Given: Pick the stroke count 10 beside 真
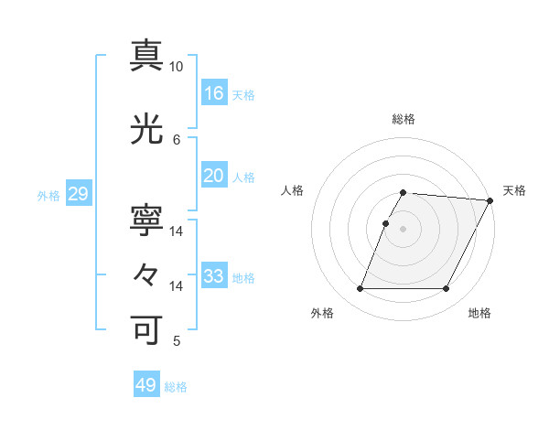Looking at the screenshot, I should pyautogui.click(x=177, y=67).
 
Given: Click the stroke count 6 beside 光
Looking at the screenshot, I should pyautogui.click(x=177, y=139).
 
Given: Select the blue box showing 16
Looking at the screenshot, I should pyautogui.click(x=214, y=93).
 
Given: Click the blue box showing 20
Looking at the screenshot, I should pyautogui.click(x=214, y=176).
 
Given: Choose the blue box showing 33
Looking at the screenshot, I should pyautogui.click(x=214, y=276).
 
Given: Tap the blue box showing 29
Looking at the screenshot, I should pyautogui.click(x=78, y=194).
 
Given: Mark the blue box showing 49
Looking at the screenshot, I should pyautogui.click(x=146, y=385).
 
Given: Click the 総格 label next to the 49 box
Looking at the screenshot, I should pyautogui.click(x=177, y=387).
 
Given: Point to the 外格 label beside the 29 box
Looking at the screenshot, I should pyautogui.click(x=48, y=196).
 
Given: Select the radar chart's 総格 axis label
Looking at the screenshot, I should pyautogui.click(x=404, y=119).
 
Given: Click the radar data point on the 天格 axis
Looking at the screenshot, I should pyautogui.click(x=490, y=200).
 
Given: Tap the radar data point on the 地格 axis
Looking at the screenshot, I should pyautogui.click(x=447, y=289).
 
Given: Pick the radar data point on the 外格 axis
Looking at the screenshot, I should pyautogui.click(x=360, y=289).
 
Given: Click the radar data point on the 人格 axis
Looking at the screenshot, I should pyautogui.click(x=385, y=223).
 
